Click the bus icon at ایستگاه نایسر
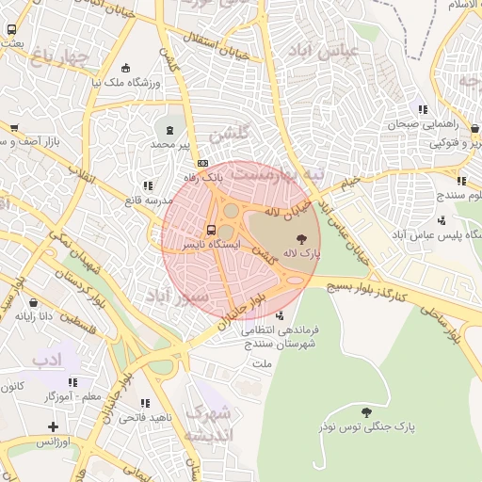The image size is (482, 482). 210,229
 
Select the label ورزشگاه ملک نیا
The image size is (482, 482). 126,83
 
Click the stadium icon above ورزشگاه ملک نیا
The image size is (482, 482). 126,68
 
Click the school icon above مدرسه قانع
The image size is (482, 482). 146,186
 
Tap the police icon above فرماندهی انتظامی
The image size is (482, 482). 279,315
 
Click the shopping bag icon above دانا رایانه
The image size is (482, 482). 35,303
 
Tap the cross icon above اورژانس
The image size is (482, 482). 54,426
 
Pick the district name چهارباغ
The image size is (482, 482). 57,58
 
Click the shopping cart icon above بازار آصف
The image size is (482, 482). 13,128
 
